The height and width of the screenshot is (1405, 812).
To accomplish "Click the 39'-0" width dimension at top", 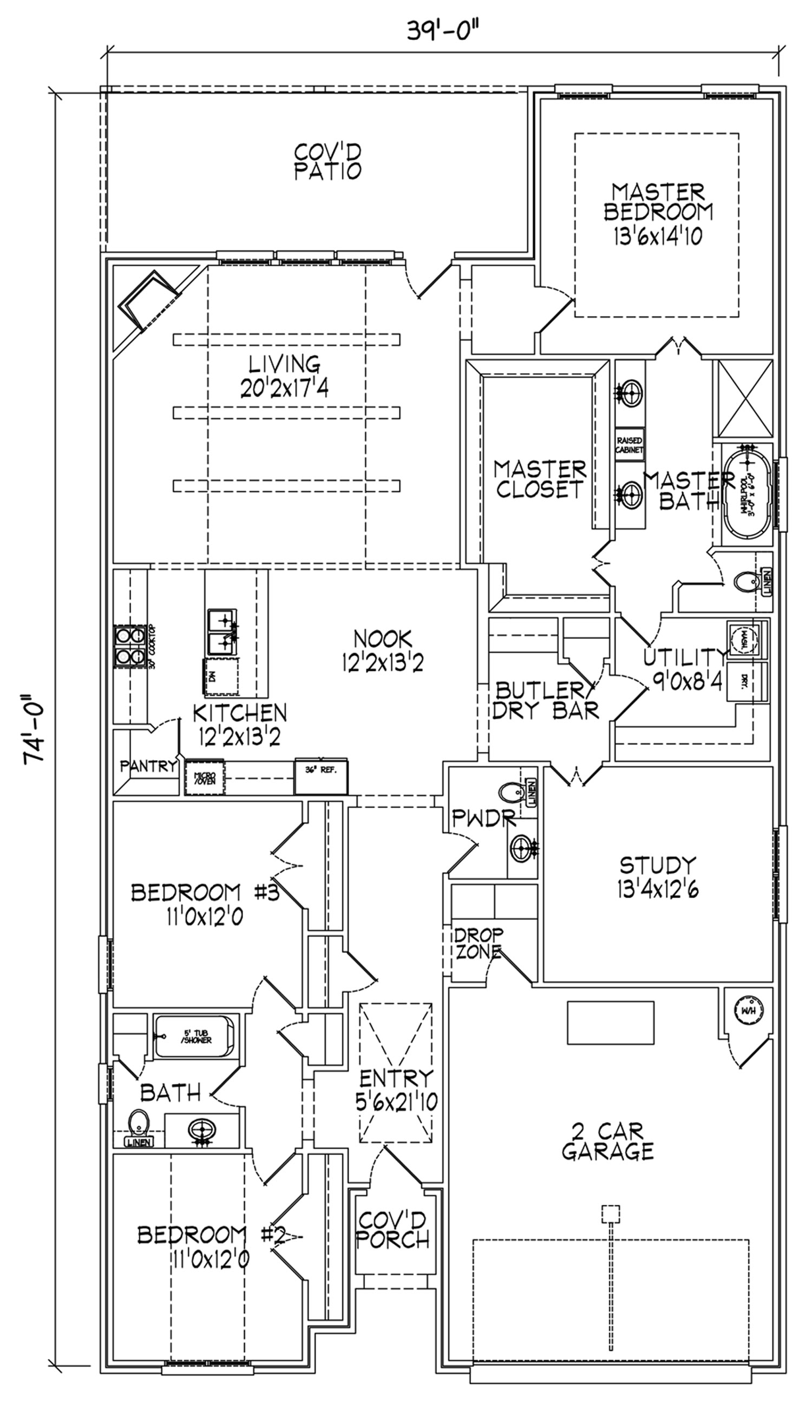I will click(x=443, y=30).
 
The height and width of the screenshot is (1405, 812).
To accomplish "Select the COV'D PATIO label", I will click(x=328, y=162).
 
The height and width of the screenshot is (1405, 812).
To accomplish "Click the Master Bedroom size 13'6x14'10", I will click(x=657, y=237).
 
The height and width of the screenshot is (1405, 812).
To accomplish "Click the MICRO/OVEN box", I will click(x=204, y=777).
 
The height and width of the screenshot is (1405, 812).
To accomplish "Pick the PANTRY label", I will click(x=148, y=766).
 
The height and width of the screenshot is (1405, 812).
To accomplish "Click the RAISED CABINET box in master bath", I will click(x=630, y=444).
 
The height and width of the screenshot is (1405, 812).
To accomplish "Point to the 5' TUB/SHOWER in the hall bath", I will click(x=194, y=1037).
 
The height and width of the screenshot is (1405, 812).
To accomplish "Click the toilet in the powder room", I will click(x=512, y=793).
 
